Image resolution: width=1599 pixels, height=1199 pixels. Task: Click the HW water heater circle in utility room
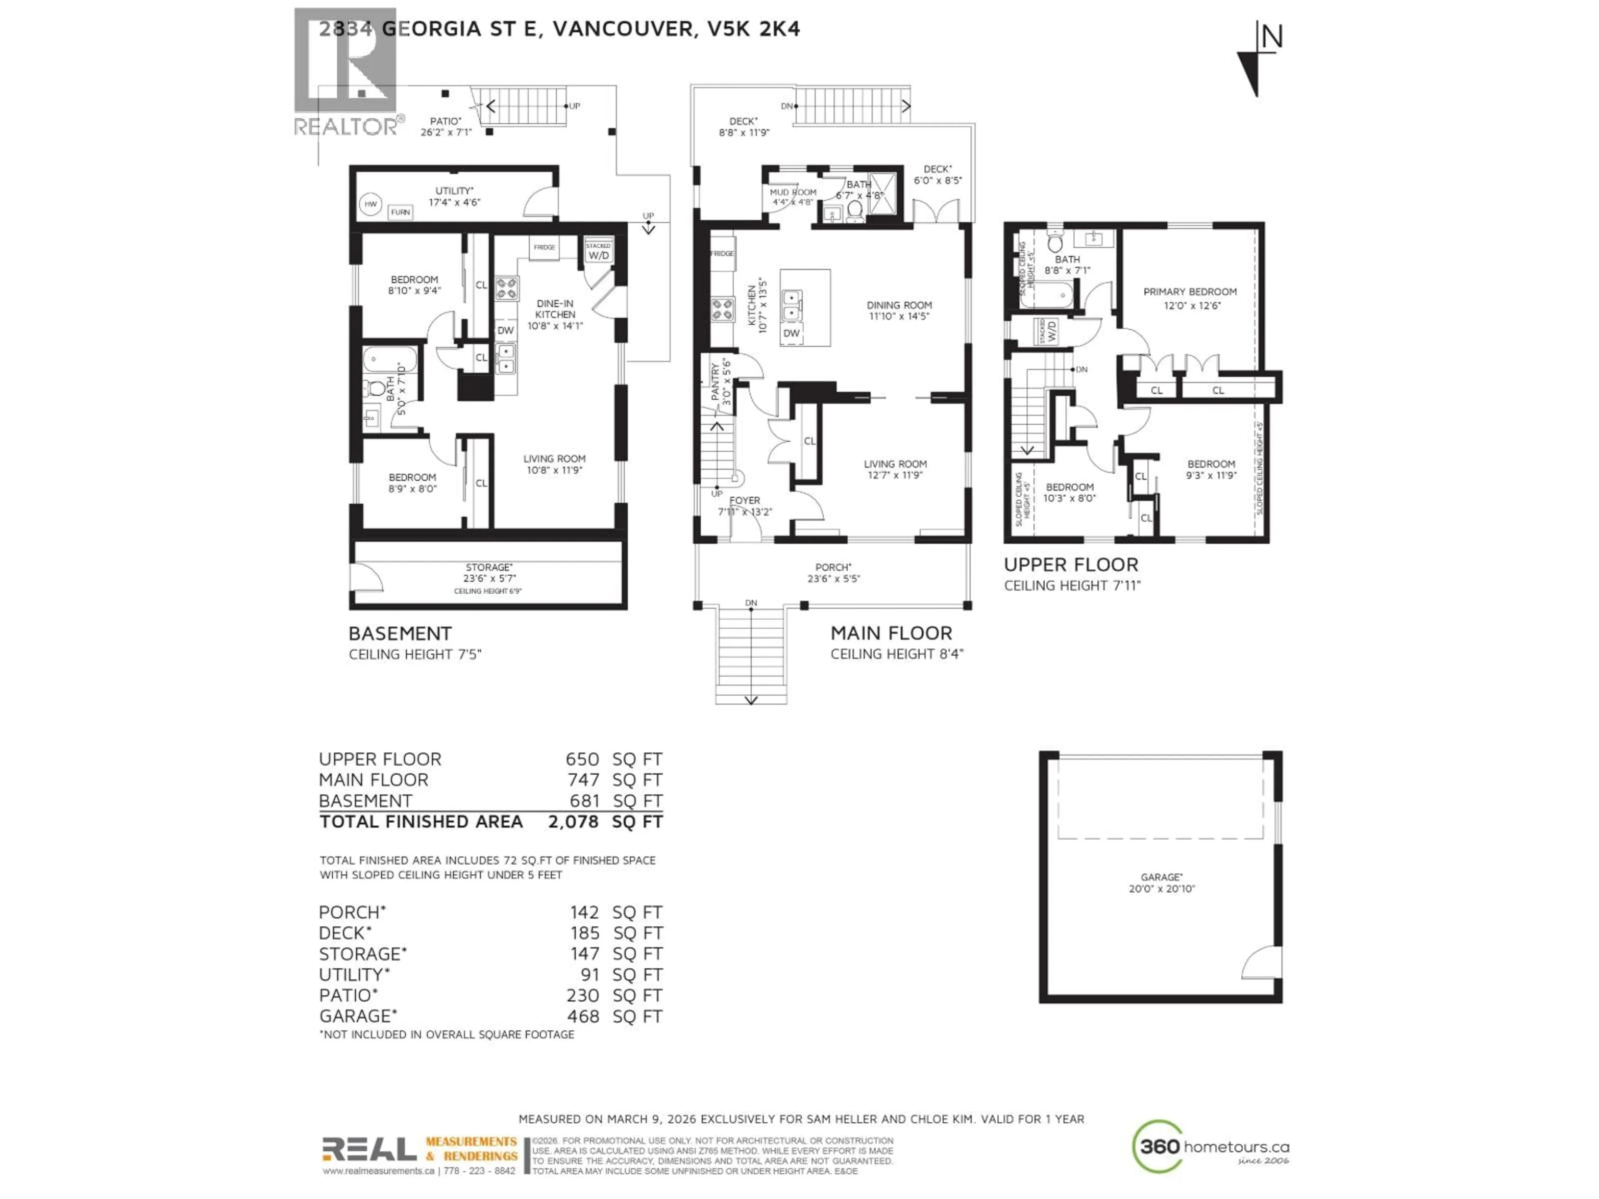[370, 204]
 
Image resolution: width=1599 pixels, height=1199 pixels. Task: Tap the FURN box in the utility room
[400, 212]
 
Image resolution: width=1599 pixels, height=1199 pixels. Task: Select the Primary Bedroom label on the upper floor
[1189, 292]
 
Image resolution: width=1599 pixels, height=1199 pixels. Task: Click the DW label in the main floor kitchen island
[792, 333]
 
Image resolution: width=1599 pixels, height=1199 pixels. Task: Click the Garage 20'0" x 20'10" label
[1161, 883]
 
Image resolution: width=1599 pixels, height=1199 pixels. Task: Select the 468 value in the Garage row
[583, 1016]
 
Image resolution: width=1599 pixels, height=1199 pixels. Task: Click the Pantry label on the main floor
[716, 382]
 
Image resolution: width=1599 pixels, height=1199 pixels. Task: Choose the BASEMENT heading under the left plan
[400, 633]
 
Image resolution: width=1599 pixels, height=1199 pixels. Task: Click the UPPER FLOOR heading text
[1071, 565]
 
